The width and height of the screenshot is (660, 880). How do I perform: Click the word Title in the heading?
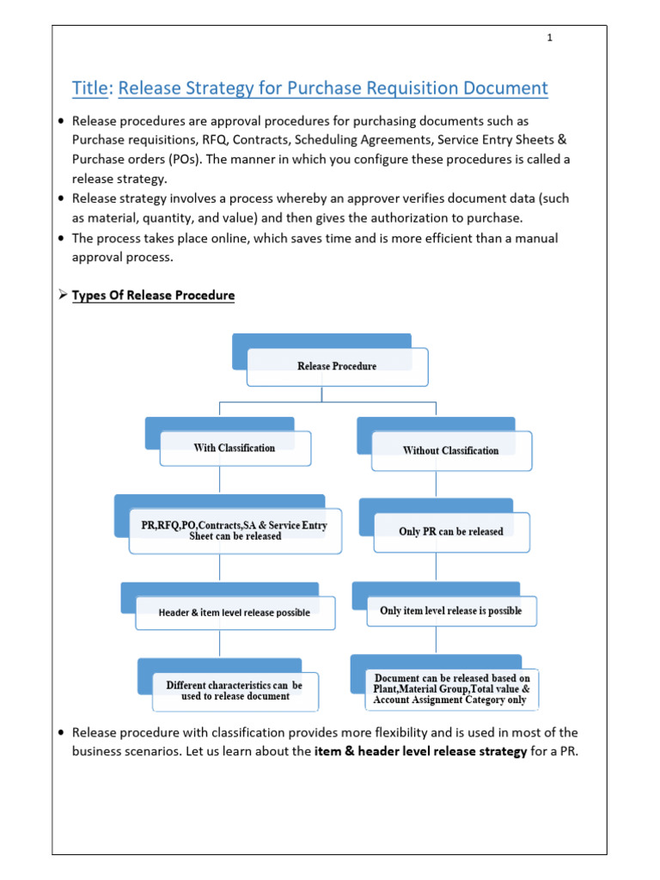click(x=91, y=88)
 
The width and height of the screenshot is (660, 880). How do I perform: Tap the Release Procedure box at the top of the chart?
click(x=337, y=366)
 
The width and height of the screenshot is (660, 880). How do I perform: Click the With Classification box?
click(x=235, y=448)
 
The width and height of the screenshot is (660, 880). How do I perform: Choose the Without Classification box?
click(x=450, y=450)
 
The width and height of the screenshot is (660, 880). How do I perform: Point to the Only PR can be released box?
click(x=451, y=532)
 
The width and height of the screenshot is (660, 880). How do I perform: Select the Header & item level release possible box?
click(x=235, y=613)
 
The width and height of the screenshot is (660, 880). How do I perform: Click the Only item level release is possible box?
click(x=451, y=611)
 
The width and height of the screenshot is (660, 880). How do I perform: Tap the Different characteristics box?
click(x=235, y=691)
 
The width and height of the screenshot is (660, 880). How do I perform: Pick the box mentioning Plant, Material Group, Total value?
click(x=451, y=689)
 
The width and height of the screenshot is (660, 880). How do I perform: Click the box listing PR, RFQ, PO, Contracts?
click(x=235, y=531)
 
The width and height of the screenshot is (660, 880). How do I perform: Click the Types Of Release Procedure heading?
click(x=153, y=296)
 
